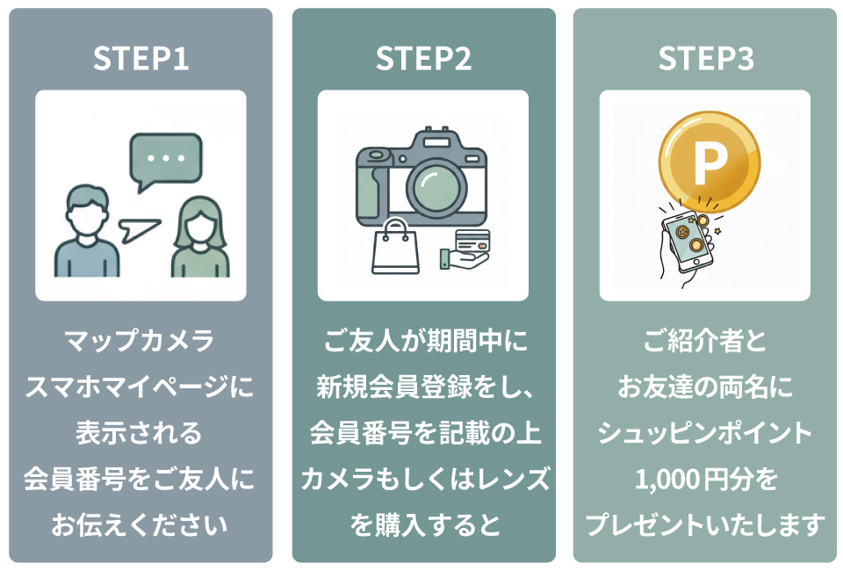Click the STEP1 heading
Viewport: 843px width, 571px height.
click(140, 59)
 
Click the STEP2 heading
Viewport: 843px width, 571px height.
click(423, 59)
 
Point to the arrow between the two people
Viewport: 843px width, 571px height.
click(140, 230)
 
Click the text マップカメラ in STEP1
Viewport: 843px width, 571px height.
click(140, 341)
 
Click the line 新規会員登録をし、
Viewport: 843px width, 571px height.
click(423, 387)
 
